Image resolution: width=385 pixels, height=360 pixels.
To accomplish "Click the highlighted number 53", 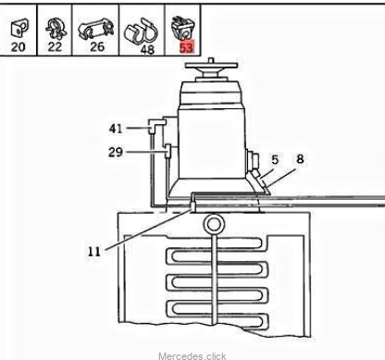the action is pyautogui.click(x=186, y=48).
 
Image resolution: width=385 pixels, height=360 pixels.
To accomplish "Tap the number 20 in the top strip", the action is pyautogui.click(x=18, y=47).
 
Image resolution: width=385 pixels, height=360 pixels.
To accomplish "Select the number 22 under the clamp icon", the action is pyautogui.click(x=55, y=46).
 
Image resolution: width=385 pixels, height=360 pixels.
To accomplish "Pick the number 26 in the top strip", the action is pyautogui.click(x=97, y=46).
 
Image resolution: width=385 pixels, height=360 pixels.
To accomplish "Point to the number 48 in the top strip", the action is pyautogui.click(x=147, y=49).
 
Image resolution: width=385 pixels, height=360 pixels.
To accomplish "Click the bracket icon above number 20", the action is pyautogui.click(x=19, y=29).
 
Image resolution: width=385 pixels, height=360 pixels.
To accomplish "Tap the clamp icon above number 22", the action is pyautogui.click(x=56, y=29).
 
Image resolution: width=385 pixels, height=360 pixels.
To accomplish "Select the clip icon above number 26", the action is pyautogui.click(x=95, y=29).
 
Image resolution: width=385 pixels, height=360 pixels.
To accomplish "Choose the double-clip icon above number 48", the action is pyautogui.click(x=141, y=31).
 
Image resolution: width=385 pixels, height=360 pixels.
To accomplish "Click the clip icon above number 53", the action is pyautogui.click(x=183, y=28).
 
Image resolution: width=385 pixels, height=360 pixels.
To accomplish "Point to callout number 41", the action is pyautogui.click(x=116, y=129).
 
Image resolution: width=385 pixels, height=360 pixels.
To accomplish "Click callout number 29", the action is pyautogui.click(x=116, y=152).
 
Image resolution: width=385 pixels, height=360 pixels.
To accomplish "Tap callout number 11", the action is pyautogui.click(x=94, y=252).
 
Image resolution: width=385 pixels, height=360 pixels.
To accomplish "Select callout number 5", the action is pyautogui.click(x=275, y=160).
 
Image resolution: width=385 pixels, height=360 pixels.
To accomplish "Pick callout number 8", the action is pyautogui.click(x=300, y=159).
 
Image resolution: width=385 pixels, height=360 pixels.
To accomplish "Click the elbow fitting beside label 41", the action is pyautogui.click(x=156, y=126).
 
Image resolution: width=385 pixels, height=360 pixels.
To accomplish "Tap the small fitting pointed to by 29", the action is pyautogui.click(x=168, y=151).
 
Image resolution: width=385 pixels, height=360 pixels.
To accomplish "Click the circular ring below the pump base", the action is pyautogui.click(x=213, y=224).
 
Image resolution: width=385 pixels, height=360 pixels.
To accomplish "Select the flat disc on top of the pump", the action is pyautogui.click(x=211, y=65).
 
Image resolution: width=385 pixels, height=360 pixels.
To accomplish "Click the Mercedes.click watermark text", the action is pyautogui.click(x=192, y=356).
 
